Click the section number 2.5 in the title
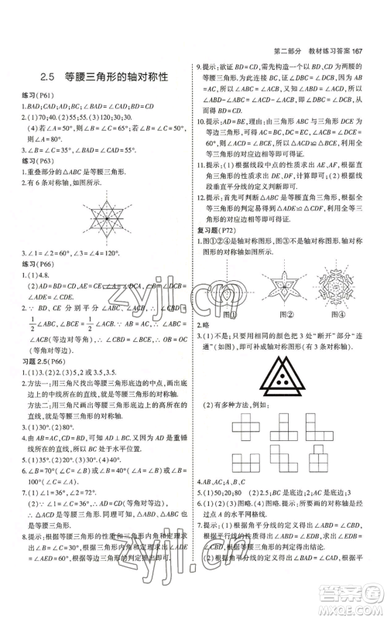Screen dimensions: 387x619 [x=48, y=76]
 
